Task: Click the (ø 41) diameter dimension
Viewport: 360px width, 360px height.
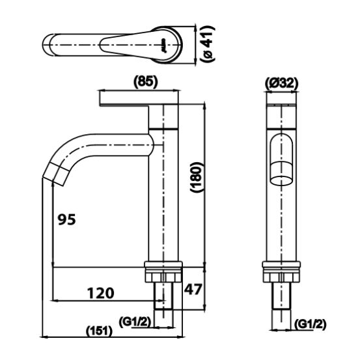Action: [x=208, y=44]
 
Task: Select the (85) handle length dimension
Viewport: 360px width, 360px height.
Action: [x=146, y=81]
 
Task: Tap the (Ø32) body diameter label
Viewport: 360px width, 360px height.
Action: [x=281, y=83]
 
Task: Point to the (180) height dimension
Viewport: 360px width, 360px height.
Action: [x=197, y=177]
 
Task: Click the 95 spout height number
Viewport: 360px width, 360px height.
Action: [x=66, y=219]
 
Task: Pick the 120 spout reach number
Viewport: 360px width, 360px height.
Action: [x=100, y=293]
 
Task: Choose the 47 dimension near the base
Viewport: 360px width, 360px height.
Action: [x=193, y=289]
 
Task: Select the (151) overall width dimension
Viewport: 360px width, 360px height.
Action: [x=99, y=331]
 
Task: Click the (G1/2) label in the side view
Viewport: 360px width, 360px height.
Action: [x=135, y=322]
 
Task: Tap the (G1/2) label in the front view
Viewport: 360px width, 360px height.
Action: [x=310, y=324]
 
